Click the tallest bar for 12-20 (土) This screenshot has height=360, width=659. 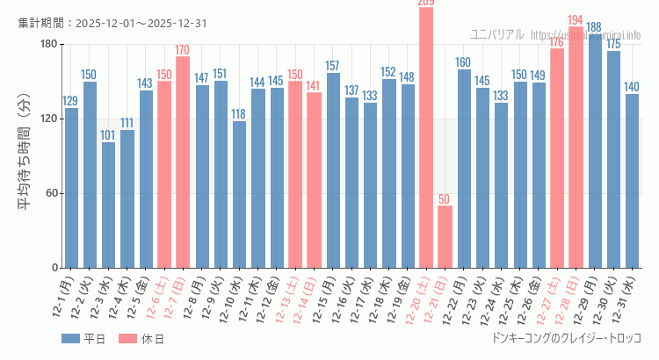tap(426, 137)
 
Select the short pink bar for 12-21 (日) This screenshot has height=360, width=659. tap(445, 236)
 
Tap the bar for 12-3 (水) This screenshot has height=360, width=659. tap(108, 205)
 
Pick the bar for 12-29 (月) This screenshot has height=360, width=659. tap(595, 151)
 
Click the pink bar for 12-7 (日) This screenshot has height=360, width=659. tap(183, 162)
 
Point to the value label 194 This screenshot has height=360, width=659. tap(576, 20)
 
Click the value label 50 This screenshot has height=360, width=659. tap(445, 199)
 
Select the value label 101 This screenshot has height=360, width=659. tap(108, 135)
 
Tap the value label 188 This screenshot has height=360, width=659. tap(595, 27)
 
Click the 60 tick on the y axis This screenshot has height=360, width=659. tap(52, 193)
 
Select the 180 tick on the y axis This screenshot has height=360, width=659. tap(49, 44)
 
